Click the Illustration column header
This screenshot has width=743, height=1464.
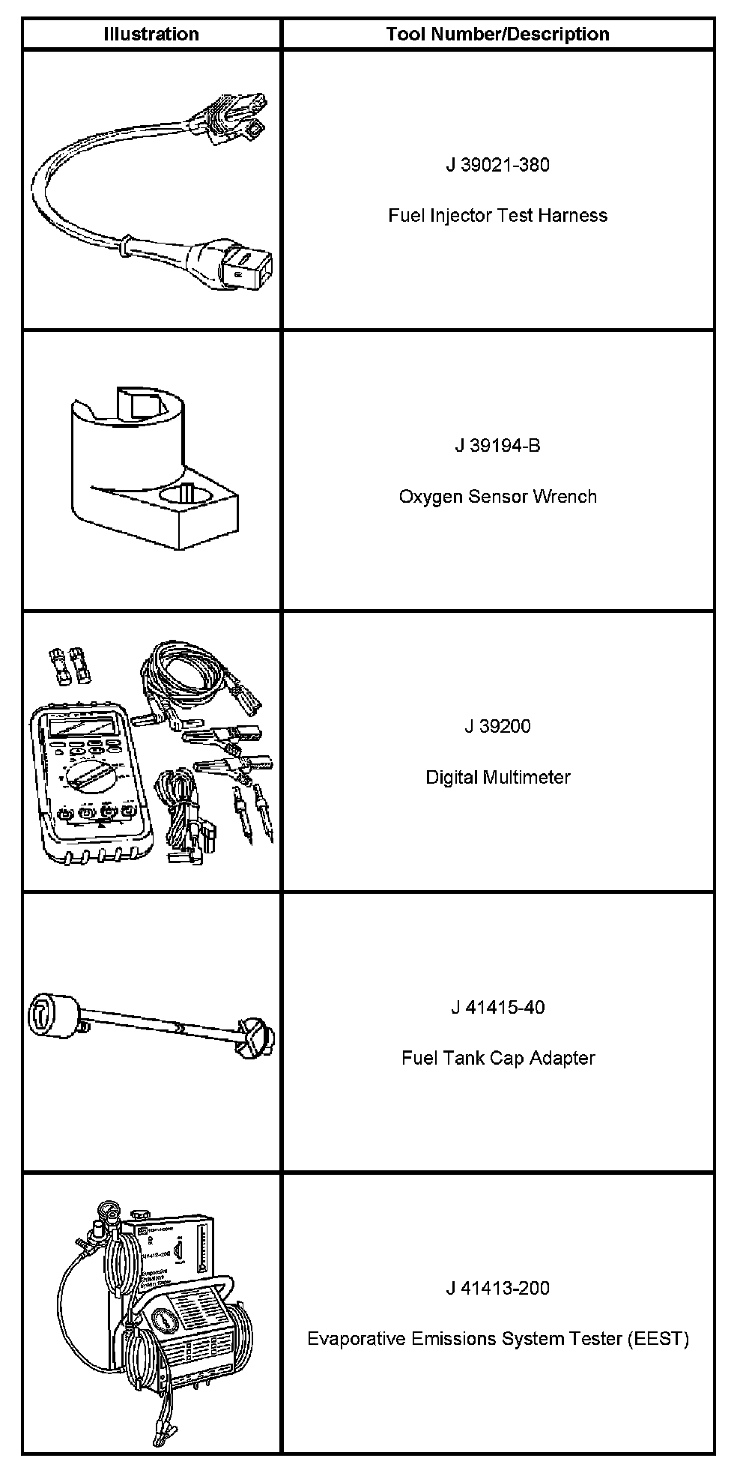[x=151, y=34]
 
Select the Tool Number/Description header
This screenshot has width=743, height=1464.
[x=497, y=34]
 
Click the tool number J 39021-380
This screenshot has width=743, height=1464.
[x=497, y=165]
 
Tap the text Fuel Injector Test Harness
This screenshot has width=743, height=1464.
[x=497, y=216]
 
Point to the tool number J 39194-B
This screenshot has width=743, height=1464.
[x=497, y=446]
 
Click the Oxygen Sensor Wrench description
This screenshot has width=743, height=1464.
[x=497, y=497]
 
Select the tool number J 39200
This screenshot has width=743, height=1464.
[x=497, y=726]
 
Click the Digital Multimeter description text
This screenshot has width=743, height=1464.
[x=497, y=778]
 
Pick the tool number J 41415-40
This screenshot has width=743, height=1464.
[x=497, y=1007]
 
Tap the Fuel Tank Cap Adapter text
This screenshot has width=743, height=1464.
[x=497, y=1058]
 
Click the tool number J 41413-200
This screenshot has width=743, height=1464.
[x=497, y=1288]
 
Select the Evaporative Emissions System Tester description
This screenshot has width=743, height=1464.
[x=497, y=1339]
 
